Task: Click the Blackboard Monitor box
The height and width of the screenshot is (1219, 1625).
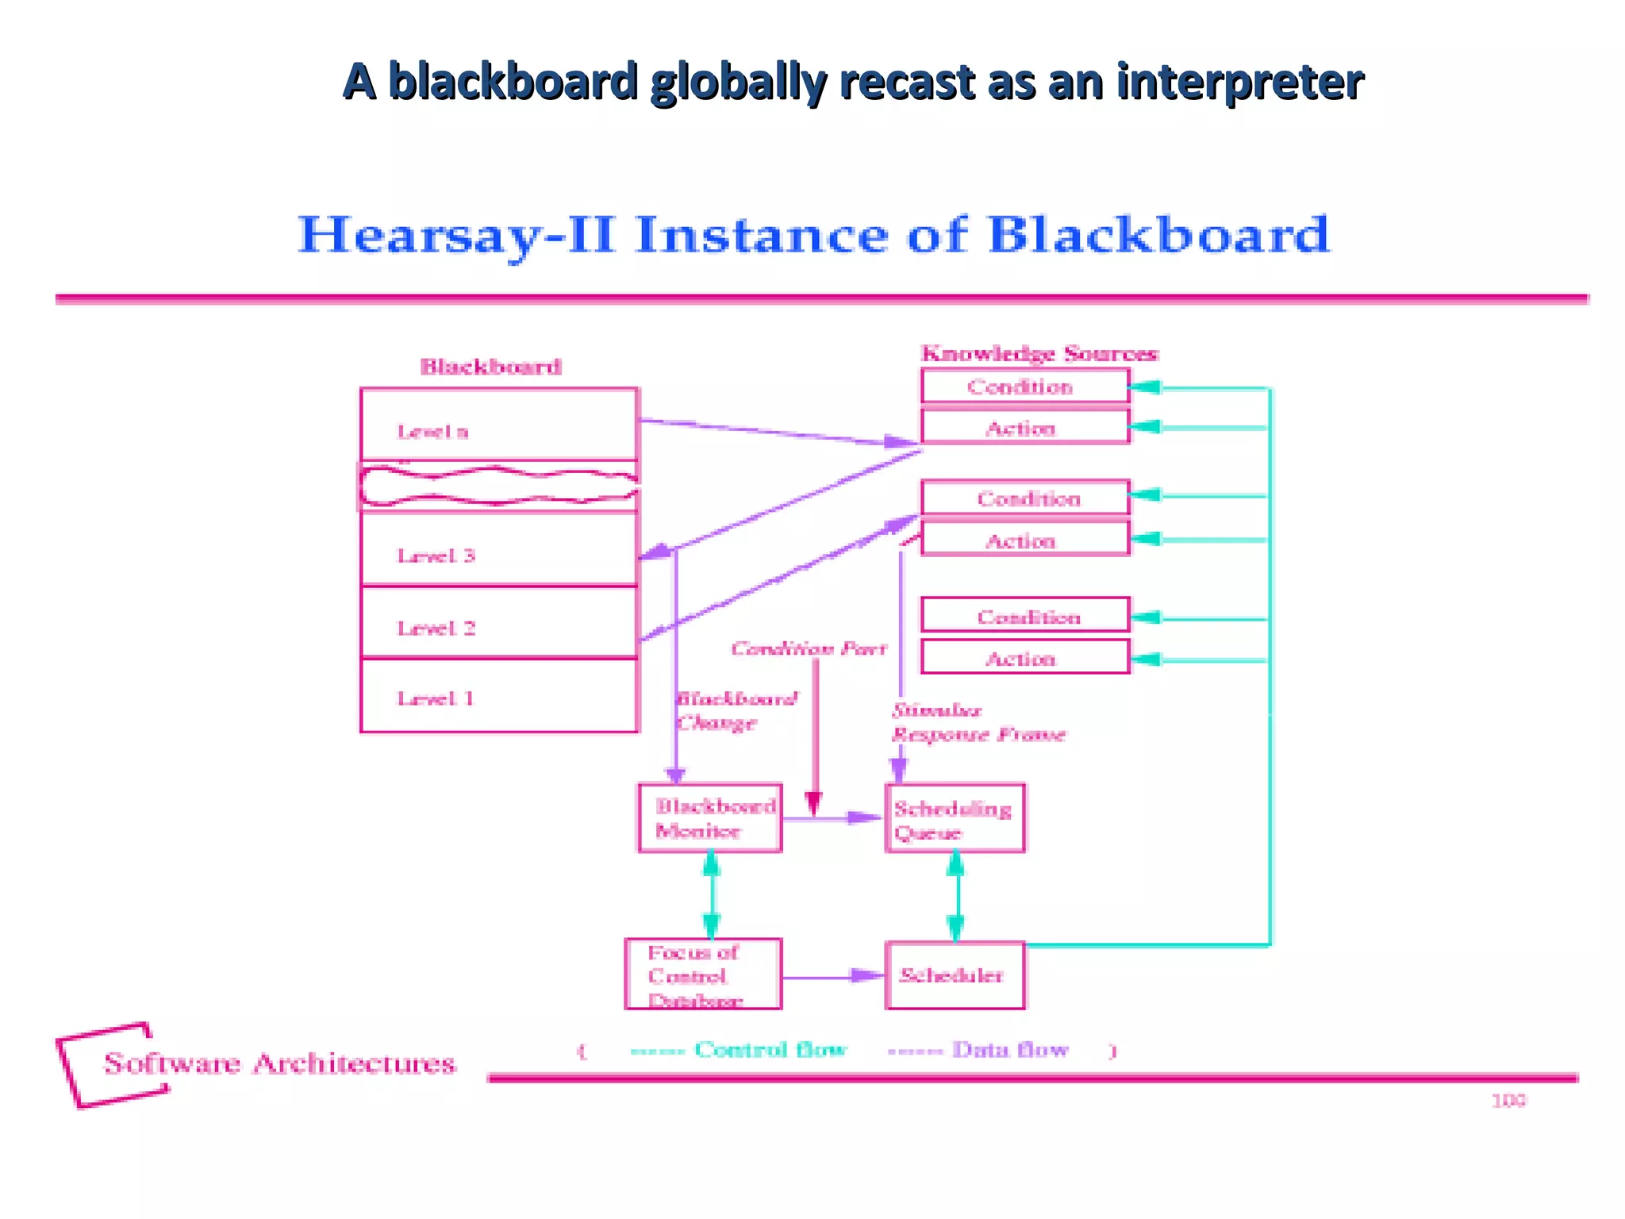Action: coord(710,818)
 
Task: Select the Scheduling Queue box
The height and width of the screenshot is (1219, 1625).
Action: coord(955,819)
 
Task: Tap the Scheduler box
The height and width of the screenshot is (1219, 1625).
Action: coord(955,975)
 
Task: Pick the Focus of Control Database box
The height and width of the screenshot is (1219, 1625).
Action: coord(703,975)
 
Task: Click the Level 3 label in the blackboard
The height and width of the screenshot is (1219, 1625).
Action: coord(436,556)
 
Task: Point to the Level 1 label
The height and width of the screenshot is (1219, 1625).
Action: coord(436,698)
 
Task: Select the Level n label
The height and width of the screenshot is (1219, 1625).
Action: coord(432,432)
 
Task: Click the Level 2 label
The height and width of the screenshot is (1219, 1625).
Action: coord(436,628)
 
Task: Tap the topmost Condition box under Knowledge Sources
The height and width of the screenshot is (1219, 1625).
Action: coord(1024,386)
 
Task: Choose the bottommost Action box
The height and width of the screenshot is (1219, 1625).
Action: coord(1024,658)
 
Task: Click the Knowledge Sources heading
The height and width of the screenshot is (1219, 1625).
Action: coord(1039,353)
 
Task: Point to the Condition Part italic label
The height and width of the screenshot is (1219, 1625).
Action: coord(809,648)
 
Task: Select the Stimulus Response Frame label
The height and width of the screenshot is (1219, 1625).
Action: coord(978,722)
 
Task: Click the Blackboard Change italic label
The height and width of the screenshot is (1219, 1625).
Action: coord(735,710)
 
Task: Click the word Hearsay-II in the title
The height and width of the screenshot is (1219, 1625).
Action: coord(456,235)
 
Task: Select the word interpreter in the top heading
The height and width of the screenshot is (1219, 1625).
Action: coord(1240,82)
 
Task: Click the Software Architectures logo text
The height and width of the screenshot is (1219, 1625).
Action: coord(279,1063)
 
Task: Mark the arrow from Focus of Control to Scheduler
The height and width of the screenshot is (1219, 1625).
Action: coord(832,976)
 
